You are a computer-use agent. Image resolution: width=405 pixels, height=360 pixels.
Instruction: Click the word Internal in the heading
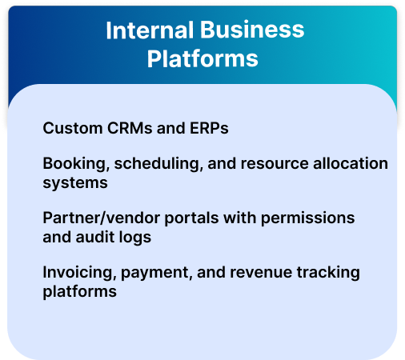pyautogui.click(x=150, y=30)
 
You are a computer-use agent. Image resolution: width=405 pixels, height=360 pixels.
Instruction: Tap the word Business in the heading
pyautogui.click(x=252, y=30)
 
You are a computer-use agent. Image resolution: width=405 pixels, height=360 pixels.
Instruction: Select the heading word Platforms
pyautogui.click(x=202, y=59)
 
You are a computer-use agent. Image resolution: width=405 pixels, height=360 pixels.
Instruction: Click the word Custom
pyautogui.click(x=73, y=128)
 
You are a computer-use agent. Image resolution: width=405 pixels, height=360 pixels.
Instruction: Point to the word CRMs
pyautogui.click(x=130, y=128)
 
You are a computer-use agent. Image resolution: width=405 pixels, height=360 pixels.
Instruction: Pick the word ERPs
pyautogui.click(x=209, y=128)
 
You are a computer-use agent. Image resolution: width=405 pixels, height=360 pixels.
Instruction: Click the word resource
pyautogui.click(x=275, y=163)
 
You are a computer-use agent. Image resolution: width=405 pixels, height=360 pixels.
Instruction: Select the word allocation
pyautogui.click(x=351, y=163)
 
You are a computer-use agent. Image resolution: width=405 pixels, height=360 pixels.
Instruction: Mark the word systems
pyautogui.click(x=75, y=183)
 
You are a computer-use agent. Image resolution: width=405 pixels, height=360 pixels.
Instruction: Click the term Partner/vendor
pyautogui.click(x=102, y=218)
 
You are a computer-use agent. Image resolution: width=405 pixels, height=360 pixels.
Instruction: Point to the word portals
pyautogui.click(x=191, y=218)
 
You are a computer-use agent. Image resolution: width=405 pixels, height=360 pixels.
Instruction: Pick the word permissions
pyautogui.click(x=307, y=218)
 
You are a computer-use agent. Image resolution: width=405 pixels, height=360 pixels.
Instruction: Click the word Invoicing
pyautogui.click(x=79, y=273)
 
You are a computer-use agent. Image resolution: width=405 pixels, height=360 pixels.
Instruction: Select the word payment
pyautogui.click(x=157, y=274)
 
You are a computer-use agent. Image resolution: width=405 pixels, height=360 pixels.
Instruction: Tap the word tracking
pyautogui.click(x=328, y=273)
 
